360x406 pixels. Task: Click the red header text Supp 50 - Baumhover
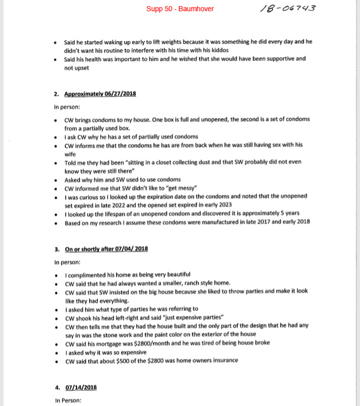(x=180, y=9)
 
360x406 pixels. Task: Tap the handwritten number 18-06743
(x=287, y=9)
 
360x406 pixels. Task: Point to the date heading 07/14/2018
(x=81, y=387)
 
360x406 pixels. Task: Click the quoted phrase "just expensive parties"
(x=187, y=317)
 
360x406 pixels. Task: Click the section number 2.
(x=57, y=94)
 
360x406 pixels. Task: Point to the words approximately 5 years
(x=272, y=214)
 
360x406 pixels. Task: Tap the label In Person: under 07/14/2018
(x=68, y=400)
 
